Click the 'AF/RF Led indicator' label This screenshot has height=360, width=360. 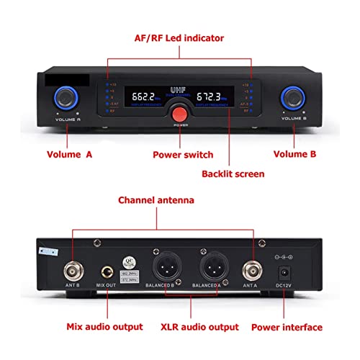pyautogui.click(x=179, y=37)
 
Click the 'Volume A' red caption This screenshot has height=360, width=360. pyautogui.click(x=69, y=154)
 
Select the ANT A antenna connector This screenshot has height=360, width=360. pyautogui.click(x=253, y=271)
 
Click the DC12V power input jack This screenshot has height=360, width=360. pyautogui.click(x=287, y=273)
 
